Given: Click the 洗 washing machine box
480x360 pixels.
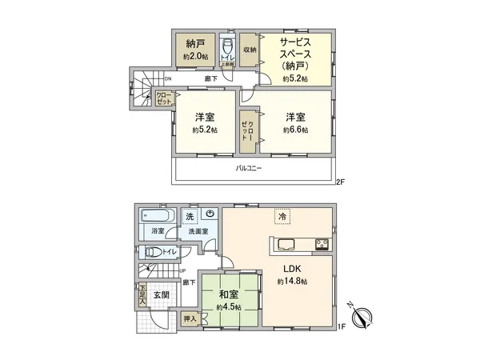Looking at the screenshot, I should pos(190,216).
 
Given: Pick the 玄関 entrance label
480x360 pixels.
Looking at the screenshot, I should pos(161,295).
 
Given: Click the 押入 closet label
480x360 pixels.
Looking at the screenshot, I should pos(189,318).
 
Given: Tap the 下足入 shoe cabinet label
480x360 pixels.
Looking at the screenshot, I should pos(142,294).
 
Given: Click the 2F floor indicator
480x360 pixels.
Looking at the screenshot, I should pos(340,182).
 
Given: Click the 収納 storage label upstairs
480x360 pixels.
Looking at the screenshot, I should pos(250,50).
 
